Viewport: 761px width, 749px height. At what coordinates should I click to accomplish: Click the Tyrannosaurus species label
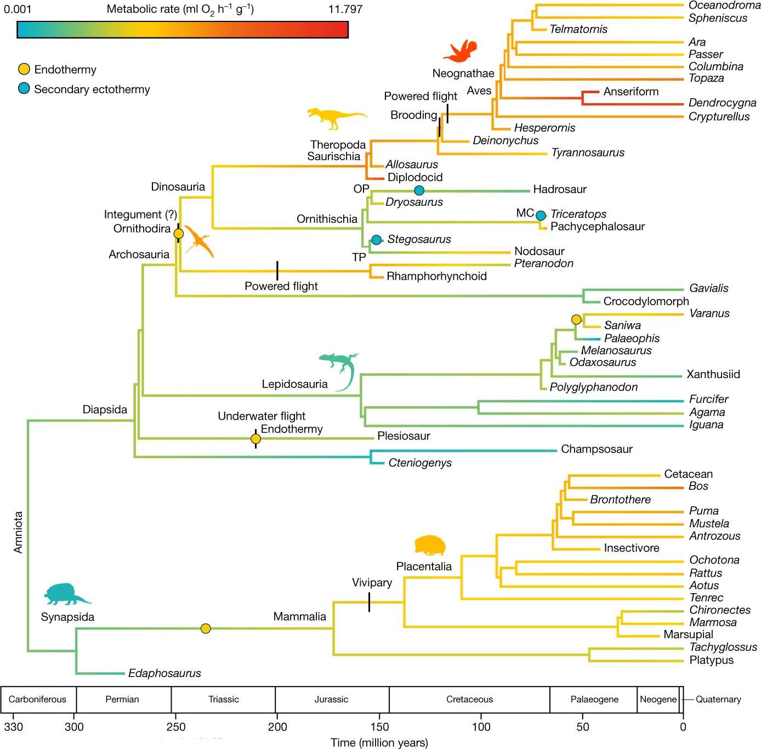[x=588, y=153]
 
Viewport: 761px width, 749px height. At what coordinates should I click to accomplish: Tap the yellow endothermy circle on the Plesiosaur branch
[x=255, y=439]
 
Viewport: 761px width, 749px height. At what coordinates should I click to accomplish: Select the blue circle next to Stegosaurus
[x=376, y=240]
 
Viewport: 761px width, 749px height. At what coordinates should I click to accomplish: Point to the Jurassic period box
[x=331, y=700]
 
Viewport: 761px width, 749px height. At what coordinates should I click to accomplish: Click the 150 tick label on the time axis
[x=379, y=727]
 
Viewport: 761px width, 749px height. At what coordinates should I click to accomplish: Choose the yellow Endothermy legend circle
[x=24, y=69]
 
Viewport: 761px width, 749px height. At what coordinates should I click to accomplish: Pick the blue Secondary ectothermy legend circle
[x=24, y=89]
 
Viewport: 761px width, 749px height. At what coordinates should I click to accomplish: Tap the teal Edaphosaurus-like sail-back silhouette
[x=66, y=594]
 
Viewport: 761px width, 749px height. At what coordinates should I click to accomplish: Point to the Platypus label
[x=711, y=660]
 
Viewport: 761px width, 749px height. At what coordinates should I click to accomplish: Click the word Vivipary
[x=372, y=583]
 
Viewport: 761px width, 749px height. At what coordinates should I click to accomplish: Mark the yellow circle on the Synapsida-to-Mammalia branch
[x=206, y=629]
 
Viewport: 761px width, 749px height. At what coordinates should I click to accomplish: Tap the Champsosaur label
[x=597, y=449]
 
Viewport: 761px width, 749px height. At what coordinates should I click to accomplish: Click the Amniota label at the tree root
[x=19, y=532]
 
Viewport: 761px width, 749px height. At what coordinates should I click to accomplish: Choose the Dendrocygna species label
[x=722, y=103]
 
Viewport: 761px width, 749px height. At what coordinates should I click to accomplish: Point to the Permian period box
[x=122, y=700]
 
